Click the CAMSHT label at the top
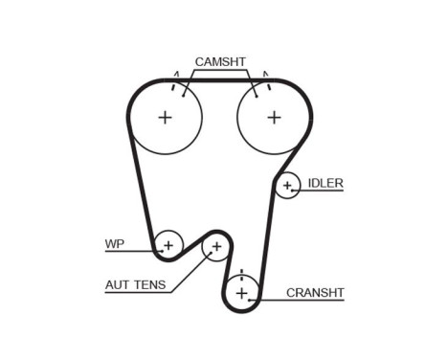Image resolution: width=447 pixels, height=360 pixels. pyautogui.click(x=220, y=61)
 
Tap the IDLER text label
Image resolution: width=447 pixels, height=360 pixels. pyautogui.click(x=325, y=182)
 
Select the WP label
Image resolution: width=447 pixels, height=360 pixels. pyautogui.click(x=115, y=243)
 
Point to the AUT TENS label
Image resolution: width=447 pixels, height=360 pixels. pyautogui.click(x=135, y=283)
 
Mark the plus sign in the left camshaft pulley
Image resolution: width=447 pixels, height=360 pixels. pyautogui.click(x=165, y=117)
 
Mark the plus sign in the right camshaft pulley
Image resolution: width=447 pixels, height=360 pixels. pyautogui.click(x=274, y=117)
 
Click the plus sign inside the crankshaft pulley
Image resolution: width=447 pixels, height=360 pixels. pyautogui.click(x=241, y=291)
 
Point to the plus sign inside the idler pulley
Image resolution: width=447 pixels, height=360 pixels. pyautogui.click(x=287, y=186)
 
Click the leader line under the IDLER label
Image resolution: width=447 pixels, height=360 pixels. pyautogui.click(x=322, y=191)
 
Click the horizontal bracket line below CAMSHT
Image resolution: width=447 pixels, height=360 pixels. pyautogui.click(x=220, y=71)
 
